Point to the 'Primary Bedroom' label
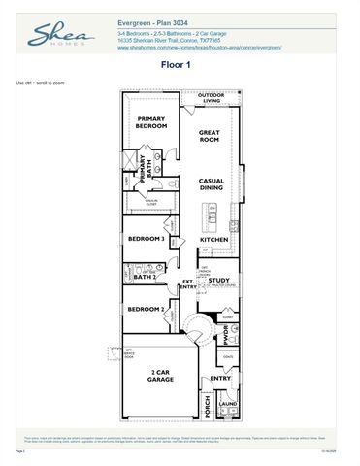(x=151, y=123)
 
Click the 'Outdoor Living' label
(x=211, y=98)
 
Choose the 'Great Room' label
(x=211, y=136)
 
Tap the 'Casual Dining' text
(x=212, y=185)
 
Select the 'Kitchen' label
(x=213, y=239)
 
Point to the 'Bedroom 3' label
(x=148, y=238)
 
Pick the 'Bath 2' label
(x=145, y=278)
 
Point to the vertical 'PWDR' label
(x=224, y=335)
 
